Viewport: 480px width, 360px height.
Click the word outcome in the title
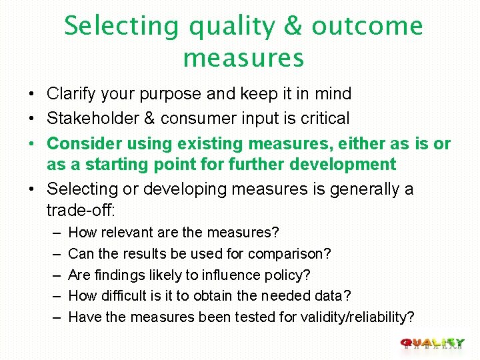[367, 27]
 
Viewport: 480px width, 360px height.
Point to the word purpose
[177, 94]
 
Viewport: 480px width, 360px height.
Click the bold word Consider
[78, 143]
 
